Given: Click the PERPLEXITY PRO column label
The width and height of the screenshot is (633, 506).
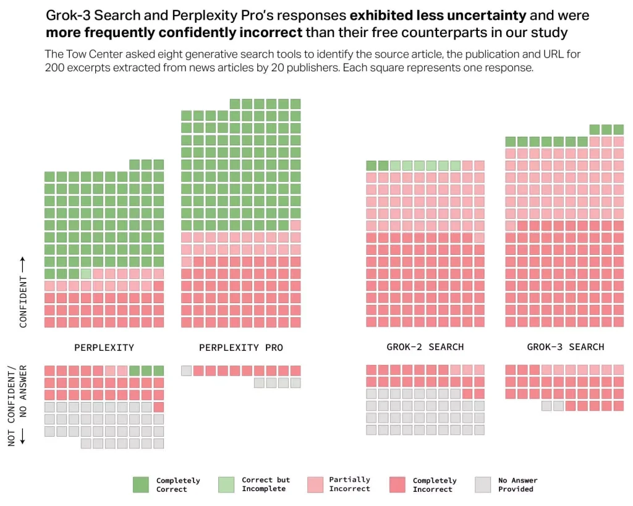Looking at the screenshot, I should (240, 348).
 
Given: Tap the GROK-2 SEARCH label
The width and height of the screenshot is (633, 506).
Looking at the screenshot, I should (425, 347).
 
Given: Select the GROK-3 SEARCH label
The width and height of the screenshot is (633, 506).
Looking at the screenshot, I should (565, 347).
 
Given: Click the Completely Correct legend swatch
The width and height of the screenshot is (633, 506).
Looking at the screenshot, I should (141, 484).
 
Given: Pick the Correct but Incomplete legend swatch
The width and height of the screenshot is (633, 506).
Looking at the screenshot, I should (227, 484).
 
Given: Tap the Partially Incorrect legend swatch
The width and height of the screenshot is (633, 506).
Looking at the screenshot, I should (315, 484).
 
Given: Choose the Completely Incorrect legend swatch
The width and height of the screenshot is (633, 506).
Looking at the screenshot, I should (399, 484).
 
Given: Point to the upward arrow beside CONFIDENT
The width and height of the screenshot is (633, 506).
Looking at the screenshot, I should (23, 265).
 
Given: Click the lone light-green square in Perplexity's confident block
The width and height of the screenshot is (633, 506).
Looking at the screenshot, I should (86, 273).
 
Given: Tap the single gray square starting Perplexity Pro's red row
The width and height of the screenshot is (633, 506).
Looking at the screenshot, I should (186, 371).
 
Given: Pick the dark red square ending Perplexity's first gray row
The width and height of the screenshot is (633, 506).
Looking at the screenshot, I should (158, 407).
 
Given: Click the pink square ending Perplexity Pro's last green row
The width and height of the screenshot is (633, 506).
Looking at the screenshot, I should (295, 225).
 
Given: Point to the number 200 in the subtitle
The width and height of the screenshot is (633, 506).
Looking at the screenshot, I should (55, 68).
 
